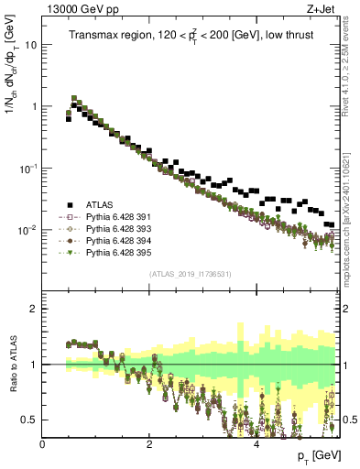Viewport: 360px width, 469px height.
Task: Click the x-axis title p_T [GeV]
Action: pyautogui.click(x=314, y=455)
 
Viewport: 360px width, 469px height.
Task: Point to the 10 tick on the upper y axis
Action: pyautogui.click(x=31, y=44)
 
